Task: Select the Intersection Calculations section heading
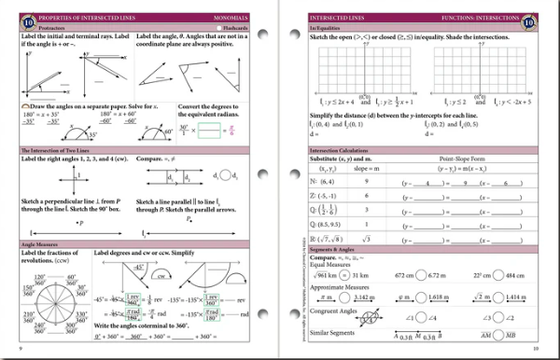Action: [344, 148]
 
